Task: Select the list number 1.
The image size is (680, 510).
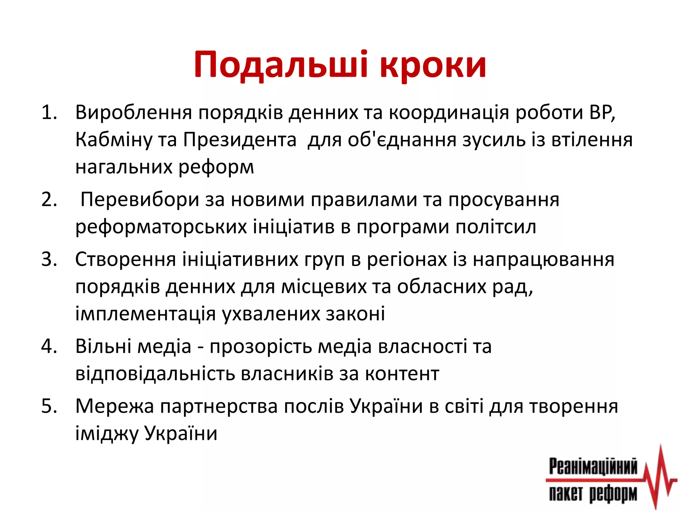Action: pos(49,113)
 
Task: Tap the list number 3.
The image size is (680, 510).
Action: pos(49,259)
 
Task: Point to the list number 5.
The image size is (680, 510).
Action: pos(49,406)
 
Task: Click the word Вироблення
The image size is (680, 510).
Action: pos(134,113)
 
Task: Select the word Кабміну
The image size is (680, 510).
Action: pos(113,140)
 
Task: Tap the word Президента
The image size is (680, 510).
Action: pos(240,140)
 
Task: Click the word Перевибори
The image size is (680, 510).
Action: pos(139,200)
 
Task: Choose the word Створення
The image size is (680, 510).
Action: pos(125,259)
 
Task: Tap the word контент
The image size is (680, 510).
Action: pos(402,374)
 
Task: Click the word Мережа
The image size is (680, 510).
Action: pos(115,406)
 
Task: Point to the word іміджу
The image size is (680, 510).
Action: pos(107,434)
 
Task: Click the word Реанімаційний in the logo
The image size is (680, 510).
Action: pos(593,467)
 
